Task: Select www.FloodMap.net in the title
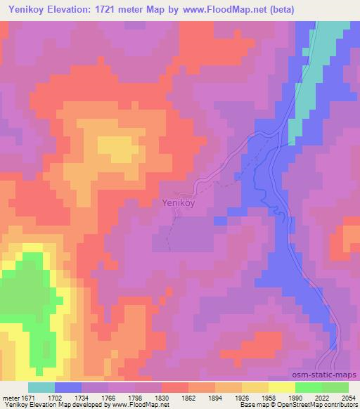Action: [x=229, y=10]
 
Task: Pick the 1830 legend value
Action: [x=161, y=397]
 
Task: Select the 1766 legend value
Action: [x=108, y=397]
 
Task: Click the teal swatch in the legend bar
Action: [x=41, y=387]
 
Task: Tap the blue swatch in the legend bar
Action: [x=68, y=387]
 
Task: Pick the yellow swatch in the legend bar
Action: [x=281, y=387]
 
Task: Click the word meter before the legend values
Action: [x=9, y=397]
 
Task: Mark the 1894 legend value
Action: [x=214, y=397]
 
